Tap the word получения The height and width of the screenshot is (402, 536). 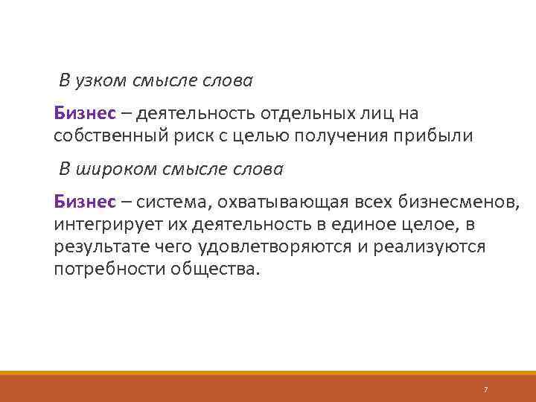[341, 137]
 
